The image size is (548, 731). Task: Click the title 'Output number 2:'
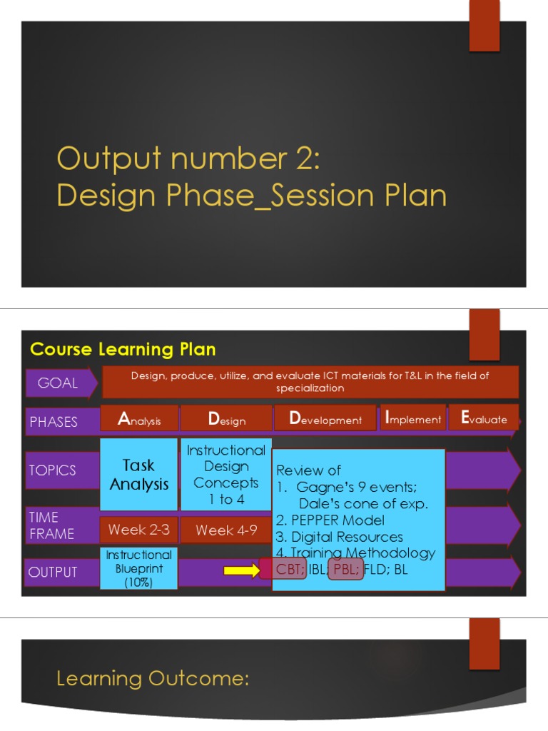click(188, 158)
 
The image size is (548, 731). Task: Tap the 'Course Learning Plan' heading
click(123, 349)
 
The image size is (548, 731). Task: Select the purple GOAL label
click(59, 383)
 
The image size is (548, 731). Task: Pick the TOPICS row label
click(53, 470)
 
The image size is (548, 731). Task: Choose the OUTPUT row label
click(53, 572)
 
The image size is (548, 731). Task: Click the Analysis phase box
click(139, 419)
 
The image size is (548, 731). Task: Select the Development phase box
click(325, 419)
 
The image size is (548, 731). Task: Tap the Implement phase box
click(412, 418)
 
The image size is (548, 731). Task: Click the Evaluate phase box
click(483, 418)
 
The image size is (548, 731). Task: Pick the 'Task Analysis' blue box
click(139, 475)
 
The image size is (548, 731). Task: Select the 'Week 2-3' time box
click(139, 530)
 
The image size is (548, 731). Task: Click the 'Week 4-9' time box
click(225, 530)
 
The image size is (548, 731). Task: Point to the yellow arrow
click(242, 570)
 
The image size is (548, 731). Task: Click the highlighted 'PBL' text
click(346, 570)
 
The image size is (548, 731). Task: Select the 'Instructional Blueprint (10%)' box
click(139, 568)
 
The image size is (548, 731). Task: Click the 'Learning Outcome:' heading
click(153, 678)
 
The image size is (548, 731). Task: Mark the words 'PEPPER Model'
click(337, 520)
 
